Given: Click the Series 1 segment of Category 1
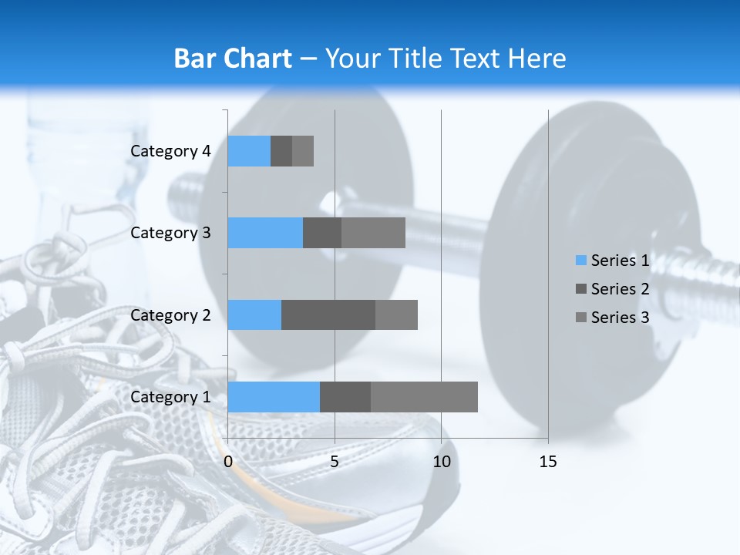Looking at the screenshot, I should click(274, 397).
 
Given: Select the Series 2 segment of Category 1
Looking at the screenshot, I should click(345, 397).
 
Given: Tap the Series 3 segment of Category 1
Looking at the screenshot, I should click(424, 397).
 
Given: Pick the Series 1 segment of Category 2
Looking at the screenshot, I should click(254, 314).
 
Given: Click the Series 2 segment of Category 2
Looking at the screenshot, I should click(328, 314).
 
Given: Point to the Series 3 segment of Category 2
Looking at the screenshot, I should click(396, 314).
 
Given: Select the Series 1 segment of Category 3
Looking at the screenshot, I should click(265, 233).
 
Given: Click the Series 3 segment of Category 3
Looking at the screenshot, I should click(373, 233).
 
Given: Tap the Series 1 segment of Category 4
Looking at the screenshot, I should click(249, 151).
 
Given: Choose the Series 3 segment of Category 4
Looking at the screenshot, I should click(303, 151).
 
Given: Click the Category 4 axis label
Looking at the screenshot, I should click(170, 151).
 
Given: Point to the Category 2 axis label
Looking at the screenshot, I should click(170, 314).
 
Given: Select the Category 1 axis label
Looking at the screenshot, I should click(170, 397).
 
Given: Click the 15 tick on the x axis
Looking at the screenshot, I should click(547, 462).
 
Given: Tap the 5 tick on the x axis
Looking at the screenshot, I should click(335, 462).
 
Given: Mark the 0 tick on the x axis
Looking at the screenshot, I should click(228, 462).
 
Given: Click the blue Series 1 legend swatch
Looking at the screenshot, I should click(580, 261).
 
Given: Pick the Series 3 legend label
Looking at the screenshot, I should click(620, 318).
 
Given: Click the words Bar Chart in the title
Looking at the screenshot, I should click(233, 59).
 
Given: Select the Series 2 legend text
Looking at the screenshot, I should click(620, 289).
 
